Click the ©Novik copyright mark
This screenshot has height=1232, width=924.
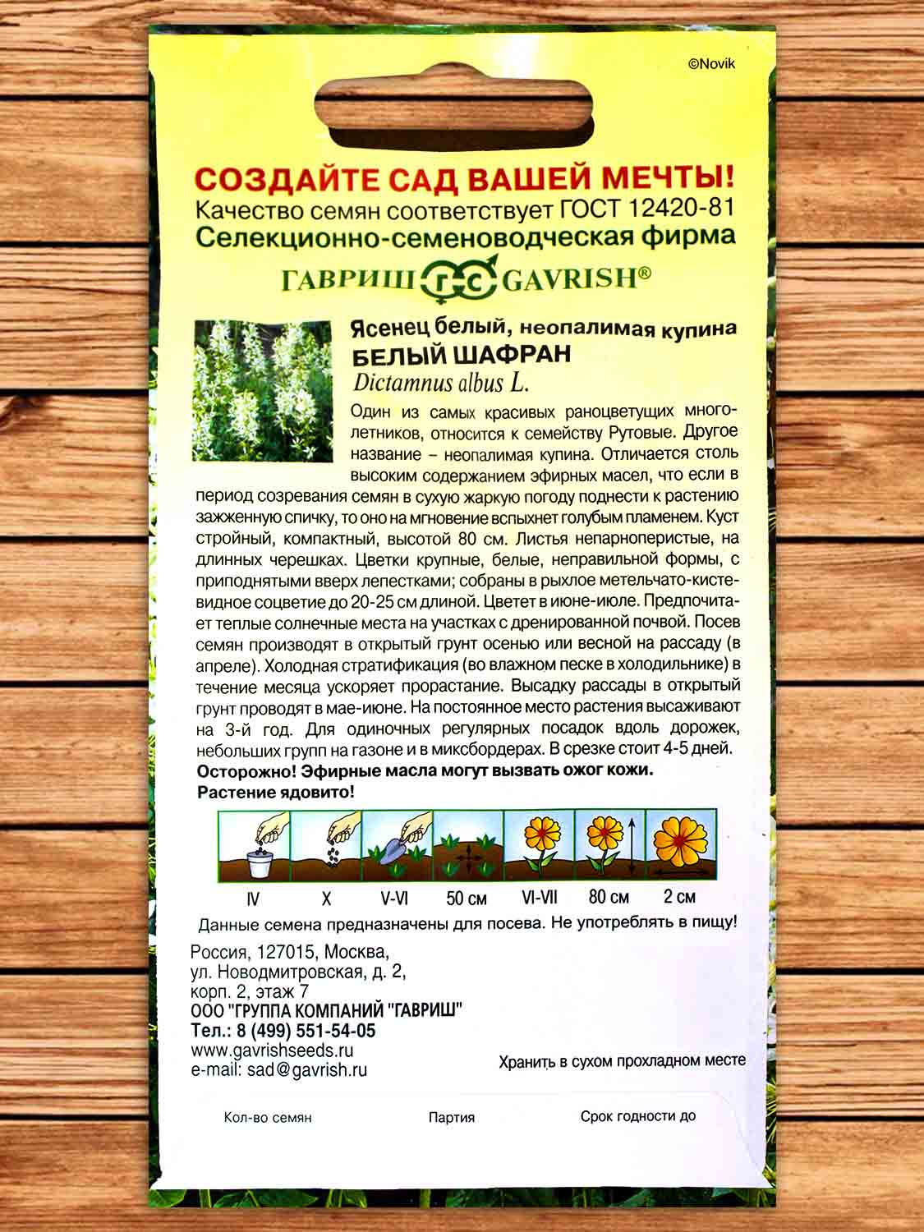click(x=711, y=64)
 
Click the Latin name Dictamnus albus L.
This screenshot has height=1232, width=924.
click(x=440, y=381)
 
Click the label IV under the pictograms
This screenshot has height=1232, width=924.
click(x=254, y=898)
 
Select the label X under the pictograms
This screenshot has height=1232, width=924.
click(x=326, y=898)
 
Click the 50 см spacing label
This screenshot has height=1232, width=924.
click(x=467, y=898)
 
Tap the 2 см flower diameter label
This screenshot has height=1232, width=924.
click(x=679, y=897)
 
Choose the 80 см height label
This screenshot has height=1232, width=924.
click(x=609, y=897)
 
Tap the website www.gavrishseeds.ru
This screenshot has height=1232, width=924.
click(x=272, y=1050)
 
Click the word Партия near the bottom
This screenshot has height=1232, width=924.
click(x=451, y=1117)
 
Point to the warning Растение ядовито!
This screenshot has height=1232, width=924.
click(x=276, y=792)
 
